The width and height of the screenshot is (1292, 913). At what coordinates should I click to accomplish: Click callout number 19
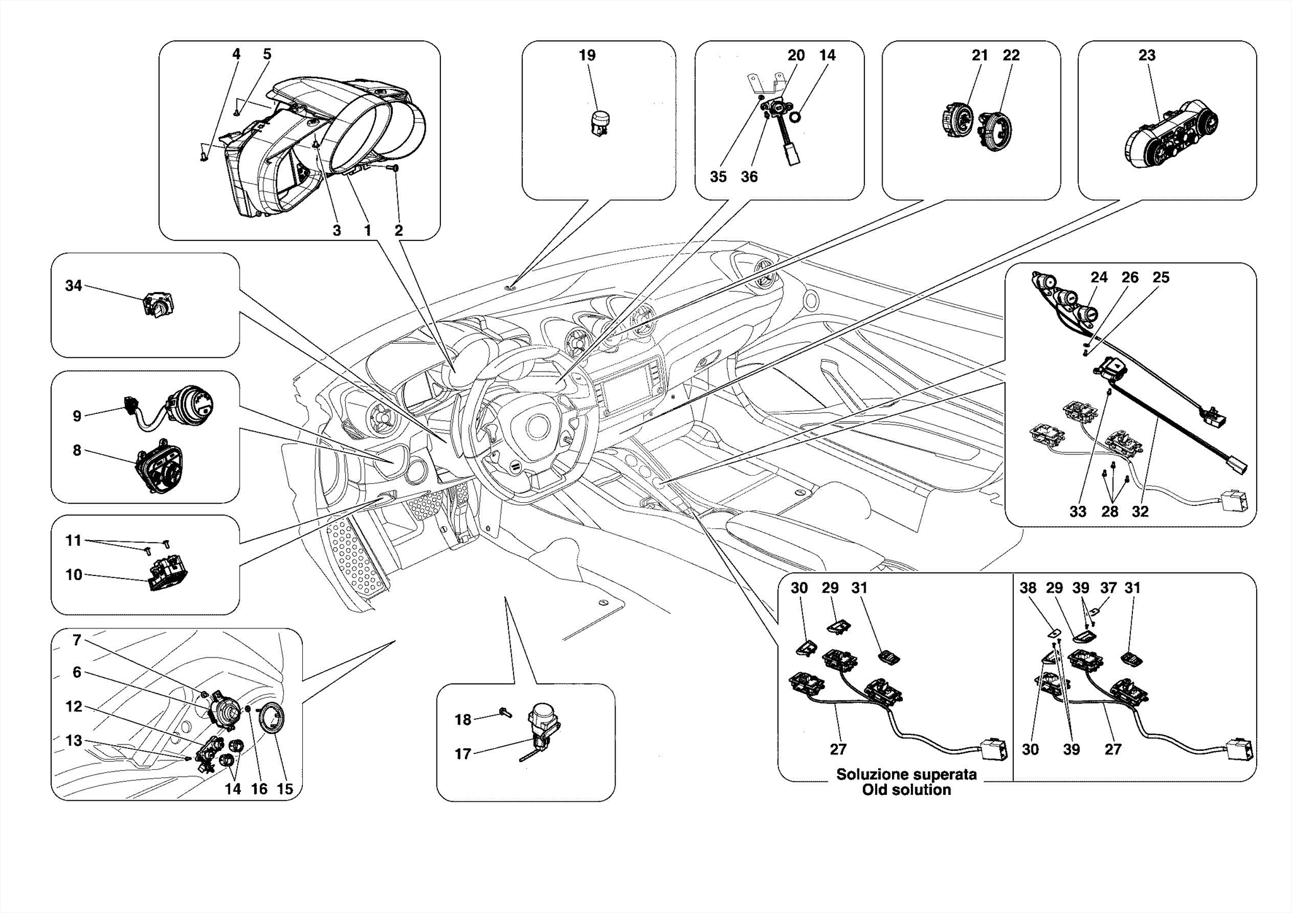pyautogui.click(x=587, y=56)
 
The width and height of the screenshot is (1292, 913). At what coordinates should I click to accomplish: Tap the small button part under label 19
pyautogui.click(x=601, y=123)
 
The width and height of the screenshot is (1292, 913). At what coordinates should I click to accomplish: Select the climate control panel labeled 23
pyautogui.click(x=1171, y=134)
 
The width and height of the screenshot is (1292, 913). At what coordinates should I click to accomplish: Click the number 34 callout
pyautogui.click(x=74, y=286)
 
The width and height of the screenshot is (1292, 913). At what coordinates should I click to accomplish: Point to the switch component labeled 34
pyautogui.click(x=158, y=305)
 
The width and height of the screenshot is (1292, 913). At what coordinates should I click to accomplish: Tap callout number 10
pyautogui.click(x=74, y=575)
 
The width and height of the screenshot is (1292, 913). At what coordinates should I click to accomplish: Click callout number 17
pyautogui.click(x=462, y=754)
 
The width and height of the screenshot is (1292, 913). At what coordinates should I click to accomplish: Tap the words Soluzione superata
pyautogui.click(x=906, y=774)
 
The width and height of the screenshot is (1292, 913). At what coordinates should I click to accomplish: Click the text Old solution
pyautogui.click(x=906, y=790)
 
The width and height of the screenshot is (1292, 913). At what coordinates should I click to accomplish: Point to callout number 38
pyautogui.click(x=1028, y=588)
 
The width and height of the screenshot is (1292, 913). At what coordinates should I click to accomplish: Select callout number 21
pyautogui.click(x=979, y=56)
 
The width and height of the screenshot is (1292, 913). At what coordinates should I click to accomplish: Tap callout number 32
pyautogui.click(x=1140, y=512)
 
